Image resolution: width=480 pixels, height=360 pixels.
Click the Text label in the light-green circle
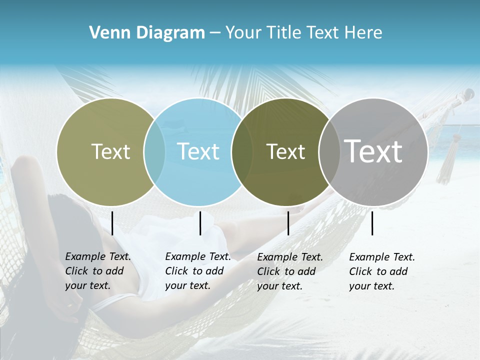(110, 151)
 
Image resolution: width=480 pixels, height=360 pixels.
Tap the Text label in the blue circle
(198, 151)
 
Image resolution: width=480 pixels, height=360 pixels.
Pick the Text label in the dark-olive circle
(285, 151)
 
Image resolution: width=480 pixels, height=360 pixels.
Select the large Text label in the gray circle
(373, 151)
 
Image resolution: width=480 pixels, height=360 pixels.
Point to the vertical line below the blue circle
(200, 223)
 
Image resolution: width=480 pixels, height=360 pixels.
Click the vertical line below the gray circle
(372, 223)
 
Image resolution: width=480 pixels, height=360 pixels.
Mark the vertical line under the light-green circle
(112, 223)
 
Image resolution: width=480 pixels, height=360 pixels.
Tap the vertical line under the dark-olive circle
(288, 223)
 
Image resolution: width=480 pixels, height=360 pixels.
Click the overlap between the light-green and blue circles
(154, 151)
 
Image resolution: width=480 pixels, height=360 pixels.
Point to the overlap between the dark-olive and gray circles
(329, 152)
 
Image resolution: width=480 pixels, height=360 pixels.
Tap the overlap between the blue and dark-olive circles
(242, 152)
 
